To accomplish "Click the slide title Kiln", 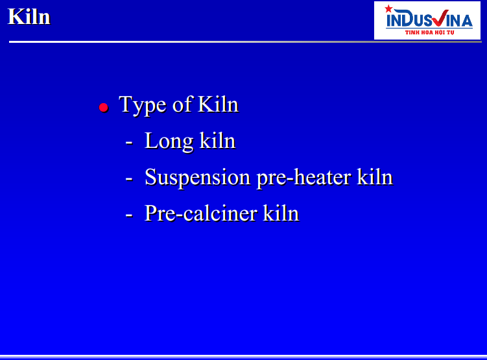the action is [x=29, y=16].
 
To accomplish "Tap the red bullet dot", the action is [x=103, y=108].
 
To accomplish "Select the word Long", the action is [x=169, y=142].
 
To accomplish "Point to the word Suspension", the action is [x=198, y=178].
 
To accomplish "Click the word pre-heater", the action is [x=304, y=178].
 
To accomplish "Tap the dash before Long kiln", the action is [x=129, y=143].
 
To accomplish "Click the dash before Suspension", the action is [x=129, y=179].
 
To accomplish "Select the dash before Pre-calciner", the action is [x=129, y=215].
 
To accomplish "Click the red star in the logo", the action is [x=388, y=8].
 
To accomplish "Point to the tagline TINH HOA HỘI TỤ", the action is [x=429, y=32].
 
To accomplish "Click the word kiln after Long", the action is [x=217, y=141].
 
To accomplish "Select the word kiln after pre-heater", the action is [x=375, y=177].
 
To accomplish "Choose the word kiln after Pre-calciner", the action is [x=281, y=213].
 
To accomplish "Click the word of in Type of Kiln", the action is [x=182, y=104].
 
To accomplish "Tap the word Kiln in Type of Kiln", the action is [x=218, y=104].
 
